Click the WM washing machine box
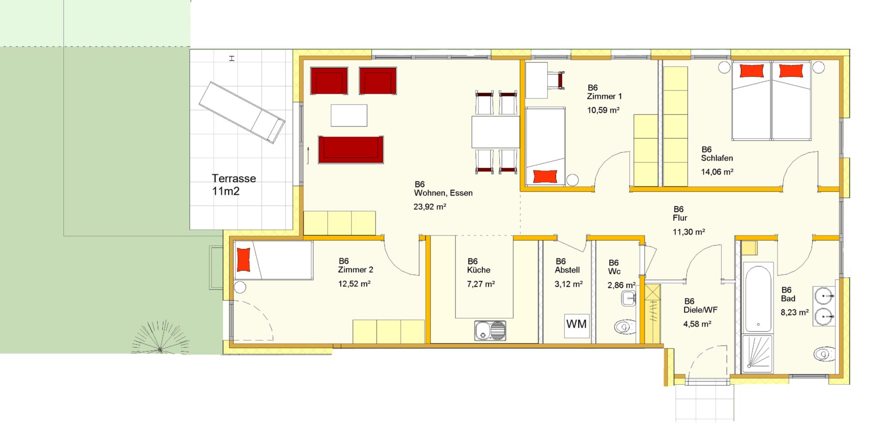coord(577,326)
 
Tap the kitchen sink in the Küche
coord(490,330)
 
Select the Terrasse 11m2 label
coord(234,185)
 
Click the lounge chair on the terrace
coord(242,112)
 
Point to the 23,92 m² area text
coord(430,207)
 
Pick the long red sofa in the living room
coord(351,150)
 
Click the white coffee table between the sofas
coord(349,115)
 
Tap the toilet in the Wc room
coord(625,327)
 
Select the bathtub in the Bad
coord(757,299)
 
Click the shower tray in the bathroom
coord(757,354)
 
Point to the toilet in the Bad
coord(824,354)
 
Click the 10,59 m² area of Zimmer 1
coord(603,110)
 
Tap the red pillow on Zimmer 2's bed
coord(244,260)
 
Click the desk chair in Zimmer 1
coord(556,80)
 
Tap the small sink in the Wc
coord(629,298)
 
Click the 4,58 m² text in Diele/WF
coord(697,324)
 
